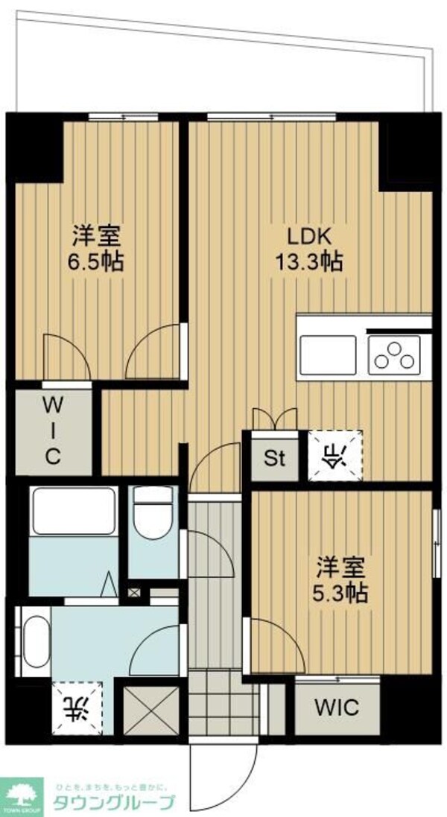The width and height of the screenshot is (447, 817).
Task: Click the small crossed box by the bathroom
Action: (134, 594)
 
